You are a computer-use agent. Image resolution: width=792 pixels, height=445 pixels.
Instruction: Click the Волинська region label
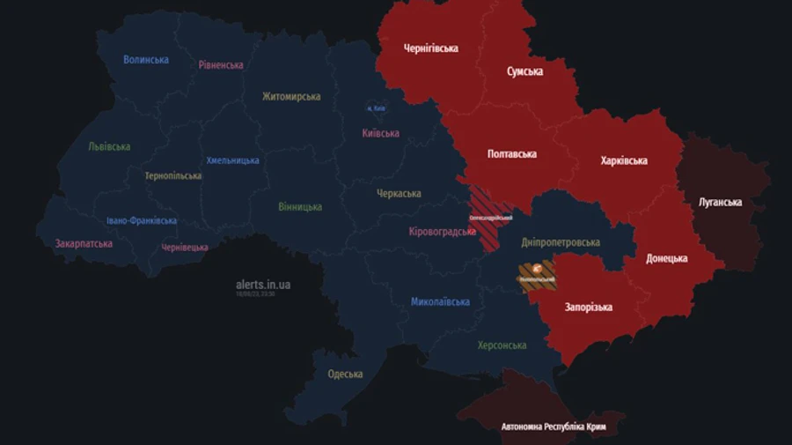pos(146,60)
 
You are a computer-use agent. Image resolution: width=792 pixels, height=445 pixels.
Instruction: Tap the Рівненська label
pos(221,65)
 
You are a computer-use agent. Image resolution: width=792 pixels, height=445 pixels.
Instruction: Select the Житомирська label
pos(291,97)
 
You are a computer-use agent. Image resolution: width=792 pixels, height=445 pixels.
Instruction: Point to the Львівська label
pos(109,147)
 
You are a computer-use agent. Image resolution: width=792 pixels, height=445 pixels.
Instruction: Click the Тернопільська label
pos(173,176)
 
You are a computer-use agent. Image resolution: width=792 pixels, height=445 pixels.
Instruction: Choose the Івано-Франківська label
pos(142,221)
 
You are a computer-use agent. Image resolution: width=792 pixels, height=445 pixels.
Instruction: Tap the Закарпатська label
pos(84,244)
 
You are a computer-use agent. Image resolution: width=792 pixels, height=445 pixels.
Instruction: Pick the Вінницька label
pos(300,207)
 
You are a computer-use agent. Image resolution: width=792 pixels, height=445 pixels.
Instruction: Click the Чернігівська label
pos(430,48)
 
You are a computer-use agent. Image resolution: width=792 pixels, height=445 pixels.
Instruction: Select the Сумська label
pos(524,71)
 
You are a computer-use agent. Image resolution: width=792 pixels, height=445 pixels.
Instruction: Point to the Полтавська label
pos(512,154)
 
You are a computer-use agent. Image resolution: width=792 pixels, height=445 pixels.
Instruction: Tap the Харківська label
pos(624,161)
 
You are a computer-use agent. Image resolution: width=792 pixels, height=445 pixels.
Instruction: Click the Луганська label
pos(720,203)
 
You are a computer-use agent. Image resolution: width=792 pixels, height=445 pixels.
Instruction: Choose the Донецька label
pos(666,259)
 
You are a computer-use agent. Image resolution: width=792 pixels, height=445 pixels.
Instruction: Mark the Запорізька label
pos(589,308)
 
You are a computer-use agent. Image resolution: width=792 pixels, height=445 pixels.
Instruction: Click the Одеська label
pos(345,375)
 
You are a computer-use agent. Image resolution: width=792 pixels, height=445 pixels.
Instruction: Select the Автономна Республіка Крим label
pos(554,427)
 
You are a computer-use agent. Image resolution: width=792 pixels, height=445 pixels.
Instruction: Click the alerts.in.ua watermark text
pos(263,285)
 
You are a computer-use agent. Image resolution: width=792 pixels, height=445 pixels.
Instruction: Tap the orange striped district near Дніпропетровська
pos(536,275)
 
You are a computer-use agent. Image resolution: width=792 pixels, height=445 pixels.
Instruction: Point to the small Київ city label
pos(376,108)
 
